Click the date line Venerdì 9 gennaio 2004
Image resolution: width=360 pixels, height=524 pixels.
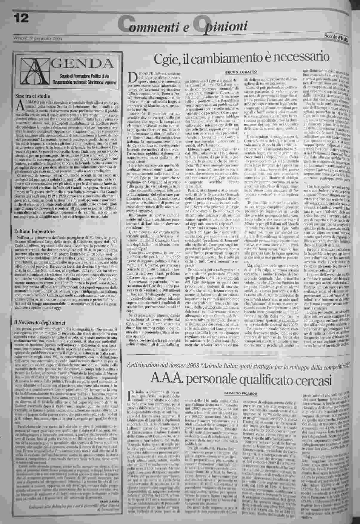click(37, 38)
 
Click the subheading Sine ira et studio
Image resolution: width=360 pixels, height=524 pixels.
click(33, 96)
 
